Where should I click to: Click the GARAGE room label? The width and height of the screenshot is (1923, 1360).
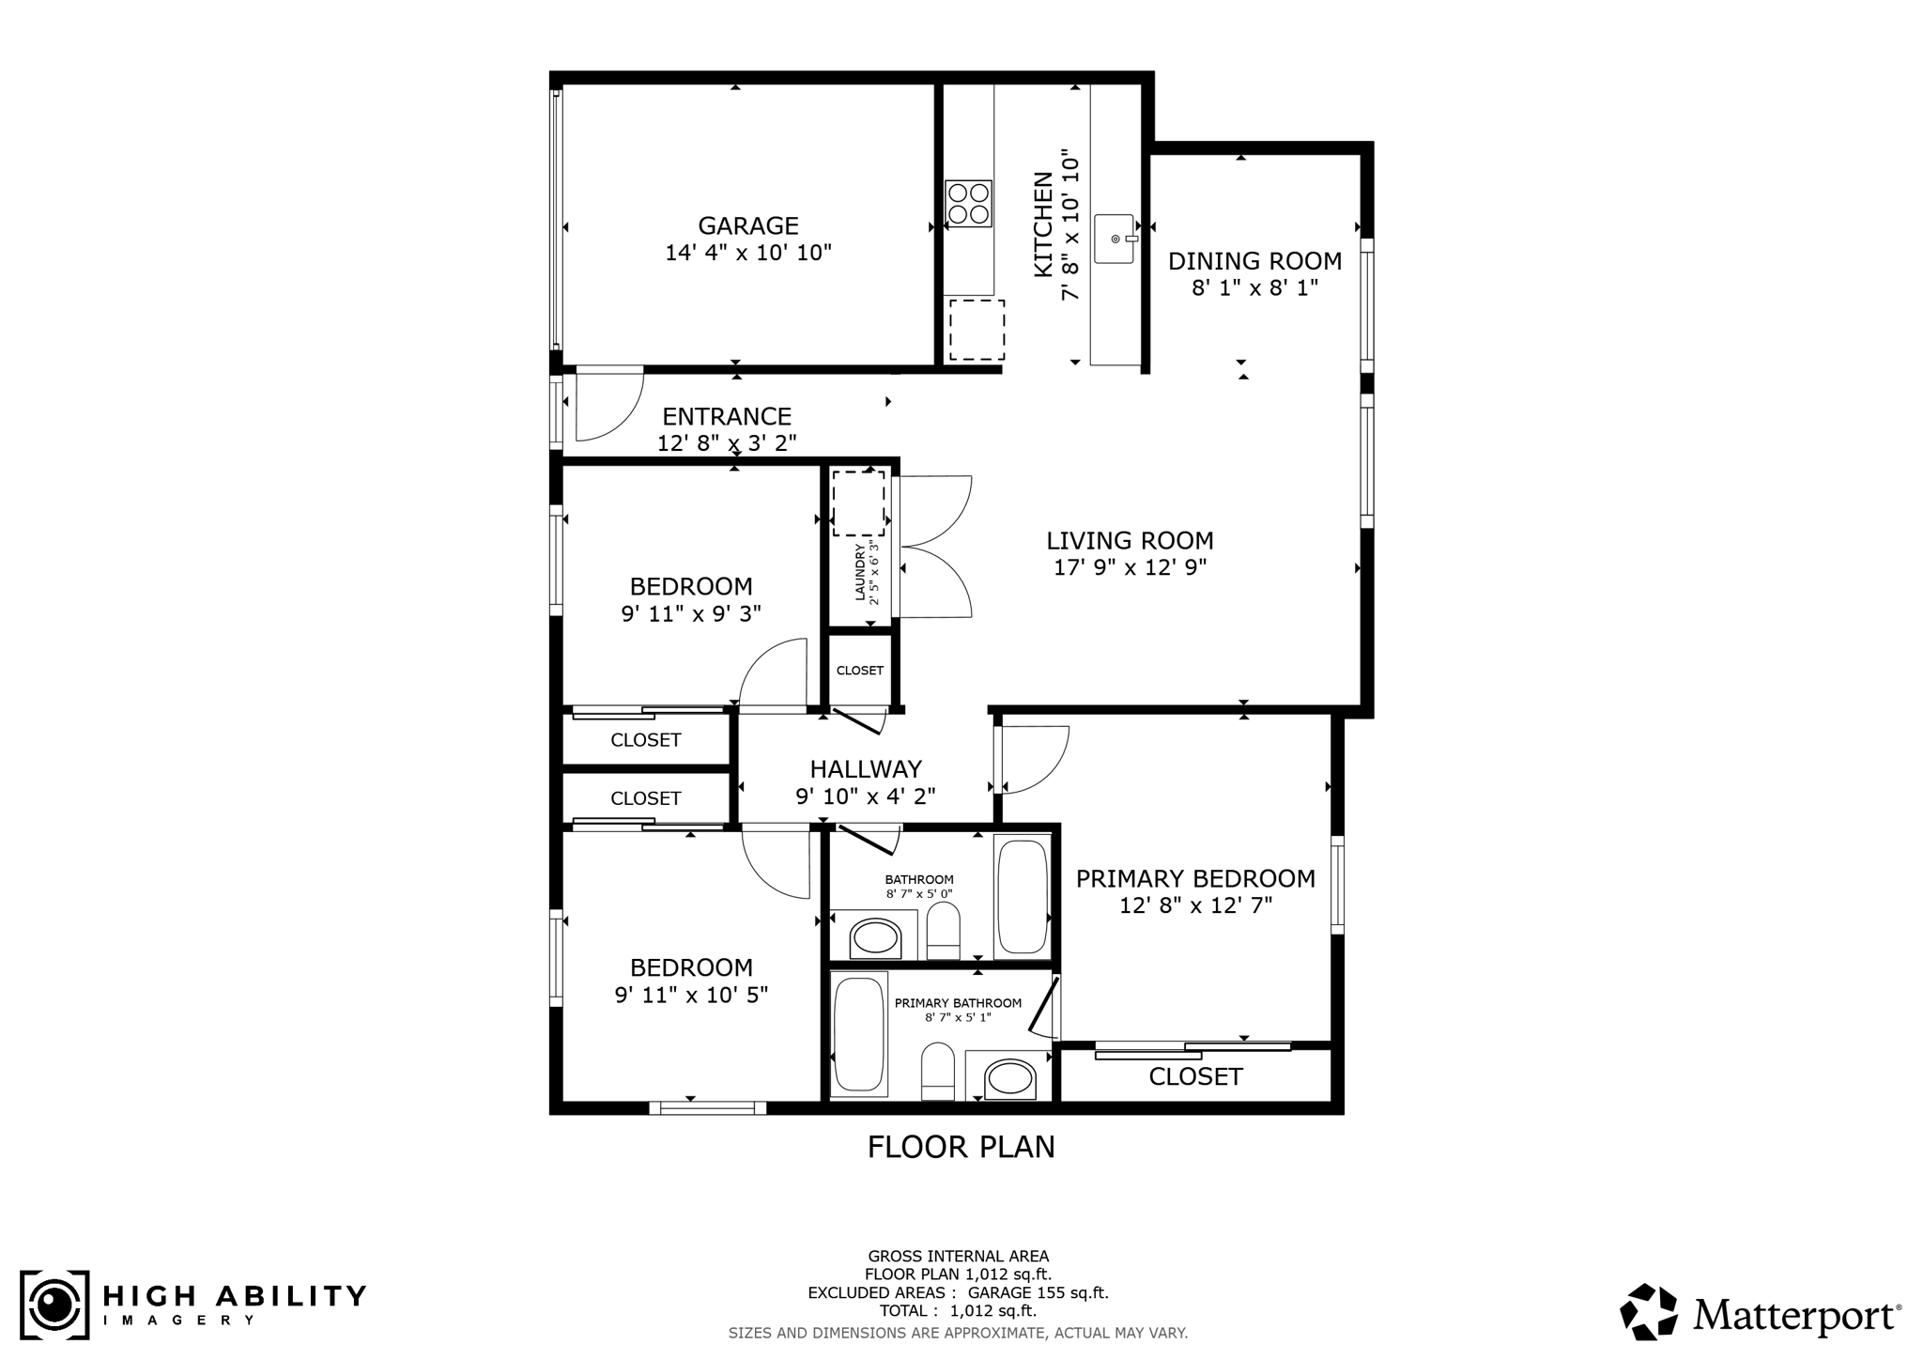tap(748, 225)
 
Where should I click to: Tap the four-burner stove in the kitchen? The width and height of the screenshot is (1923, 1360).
tap(969, 203)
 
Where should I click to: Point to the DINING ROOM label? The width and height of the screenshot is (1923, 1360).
tap(1254, 261)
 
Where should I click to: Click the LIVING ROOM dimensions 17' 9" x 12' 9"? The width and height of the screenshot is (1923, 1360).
tap(1131, 567)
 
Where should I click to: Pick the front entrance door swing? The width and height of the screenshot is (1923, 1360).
tap(609, 405)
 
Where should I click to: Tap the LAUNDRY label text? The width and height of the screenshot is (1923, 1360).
tap(859, 572)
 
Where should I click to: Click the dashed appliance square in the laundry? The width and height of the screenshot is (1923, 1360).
tap(858, 503)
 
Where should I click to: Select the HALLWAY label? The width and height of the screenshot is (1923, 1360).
tap(866, 769)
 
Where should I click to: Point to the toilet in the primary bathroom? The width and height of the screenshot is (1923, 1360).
tap(938, 1071)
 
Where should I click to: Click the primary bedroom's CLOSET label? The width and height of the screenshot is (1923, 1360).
tap(1195, 1076)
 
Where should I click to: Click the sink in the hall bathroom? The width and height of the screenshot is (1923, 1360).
tap(874, 936)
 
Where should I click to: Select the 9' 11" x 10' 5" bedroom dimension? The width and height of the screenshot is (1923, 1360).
tap(692, 995)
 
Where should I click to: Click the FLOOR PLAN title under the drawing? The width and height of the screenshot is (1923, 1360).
tap(961, 1147)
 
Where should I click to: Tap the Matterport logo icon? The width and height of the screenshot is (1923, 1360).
tap(1649, 1311)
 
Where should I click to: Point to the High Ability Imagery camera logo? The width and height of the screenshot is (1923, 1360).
tap(54, 1305)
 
